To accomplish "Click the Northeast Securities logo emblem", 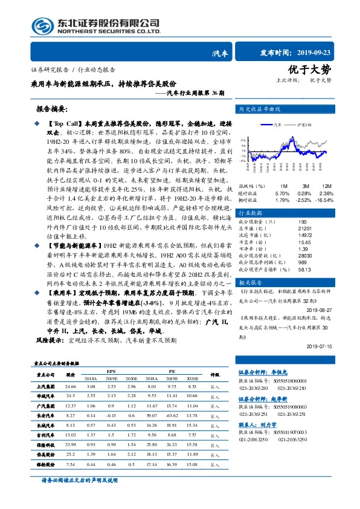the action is point(40,25).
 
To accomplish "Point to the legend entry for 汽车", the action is point(278,124).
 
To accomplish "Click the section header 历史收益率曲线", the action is point(260,110).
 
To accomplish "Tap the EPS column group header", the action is point(111,370).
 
